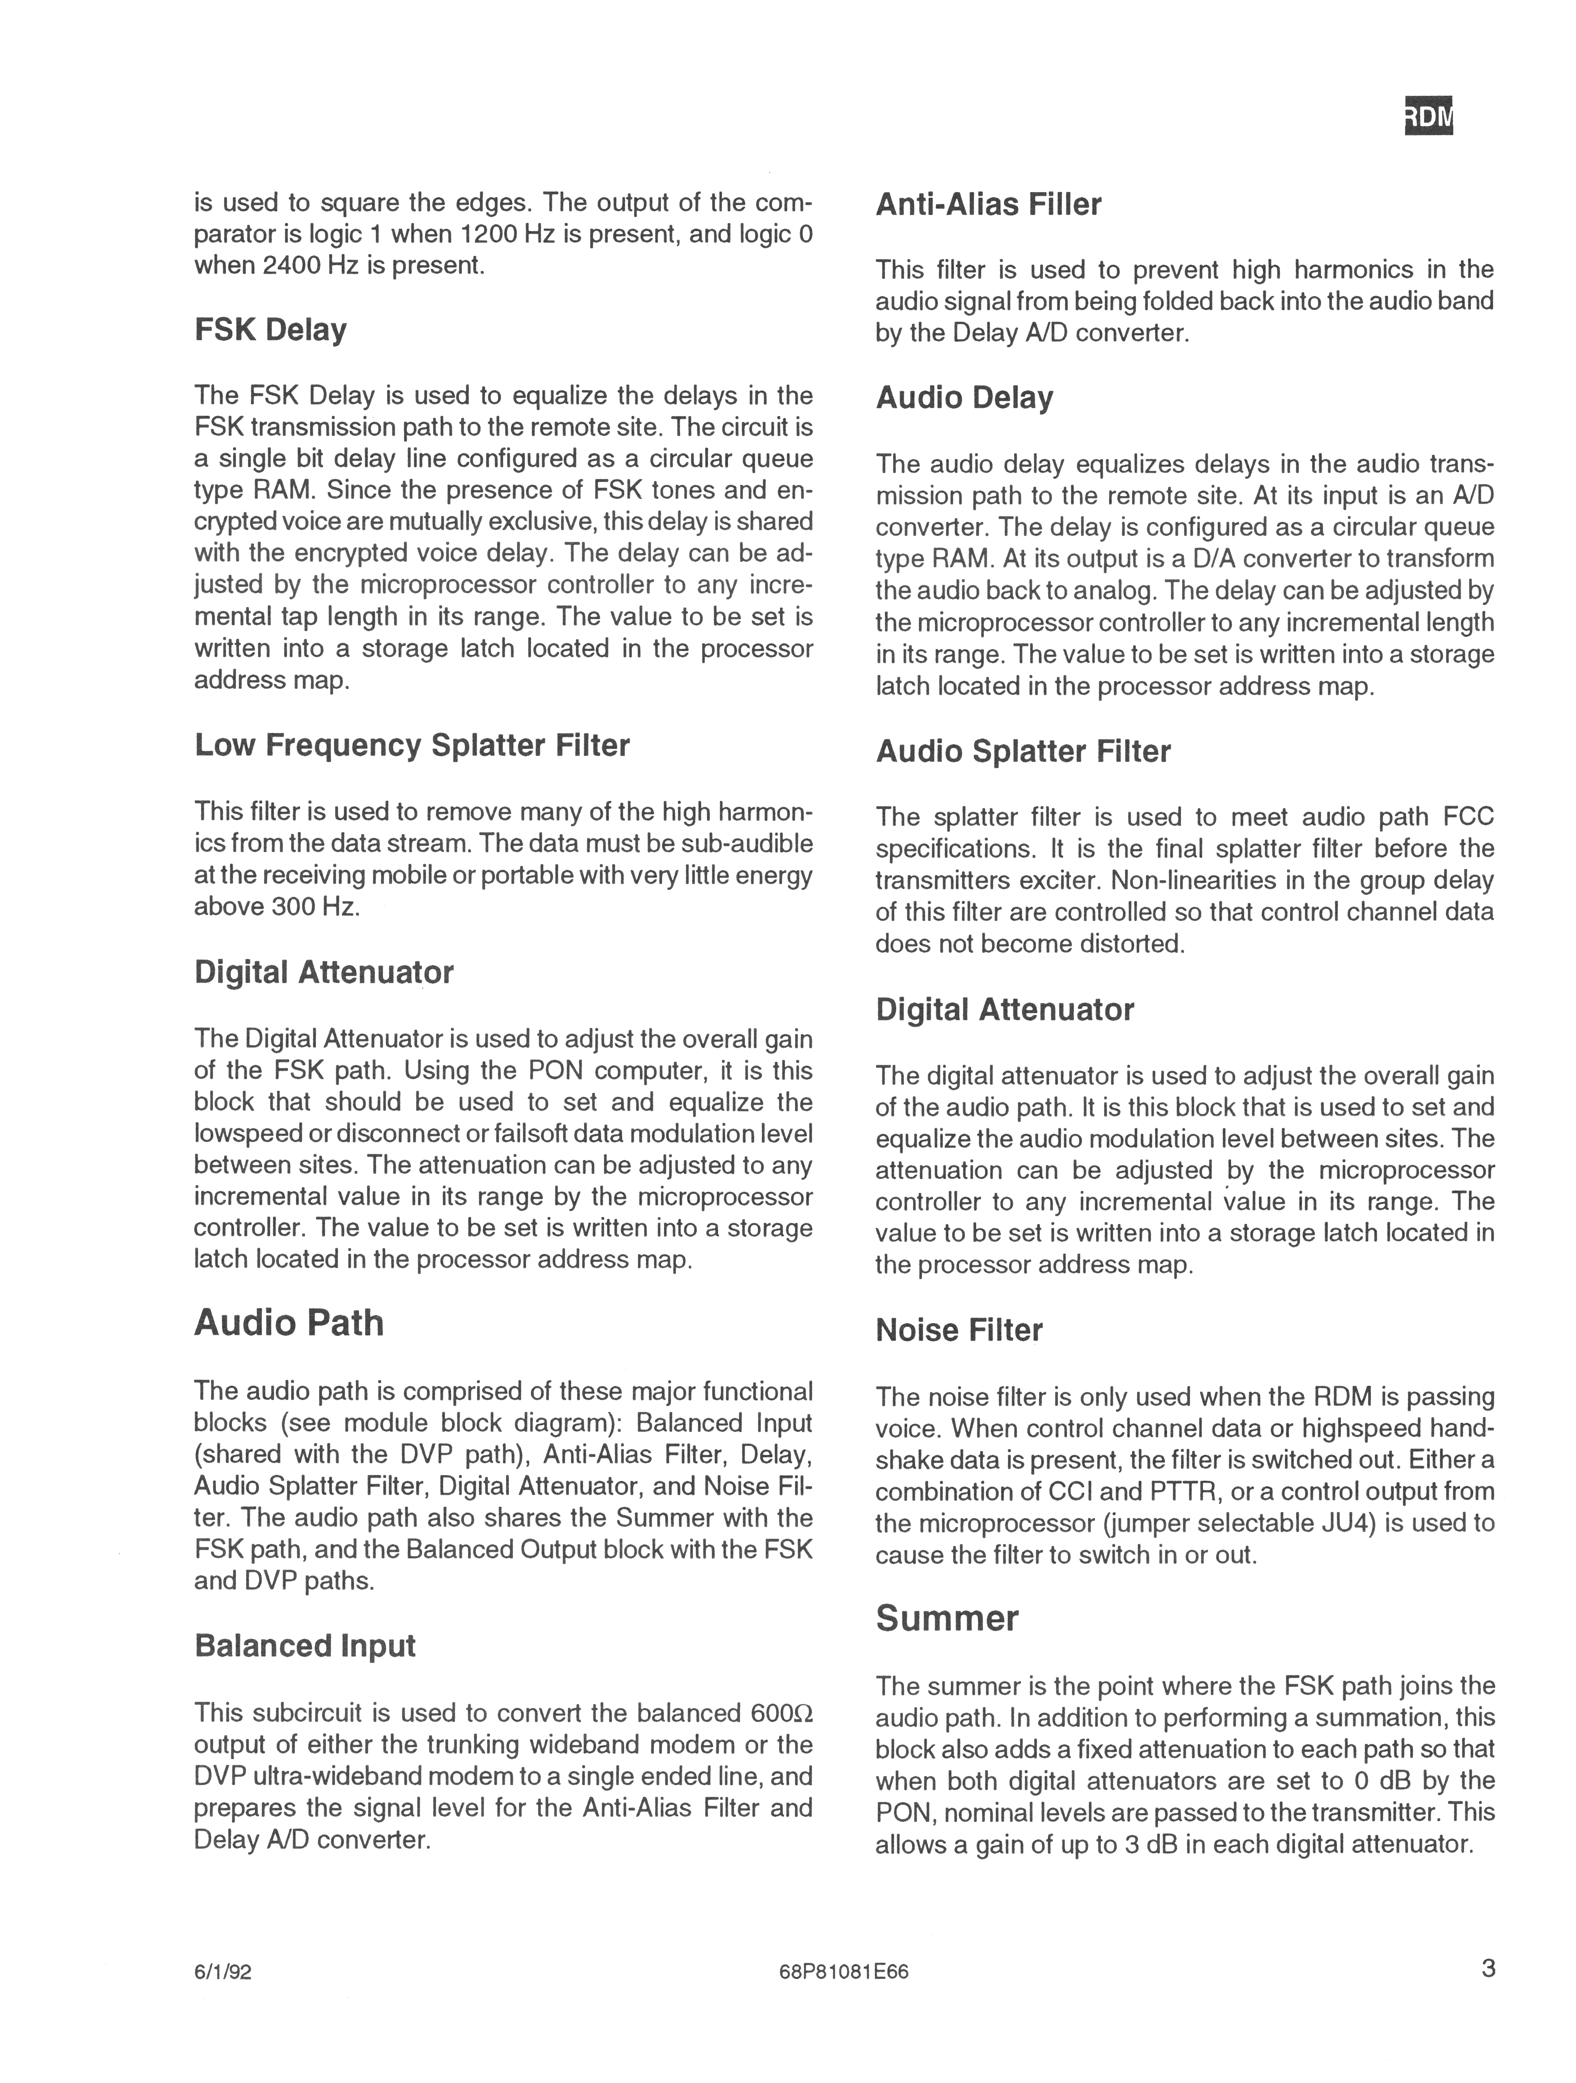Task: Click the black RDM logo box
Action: click(1428, 116)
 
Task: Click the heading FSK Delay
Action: click(270, 330)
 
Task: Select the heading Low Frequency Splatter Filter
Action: click(411, 745)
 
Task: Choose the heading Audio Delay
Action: click(964, 397)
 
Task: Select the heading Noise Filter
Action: click(958, 1330)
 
